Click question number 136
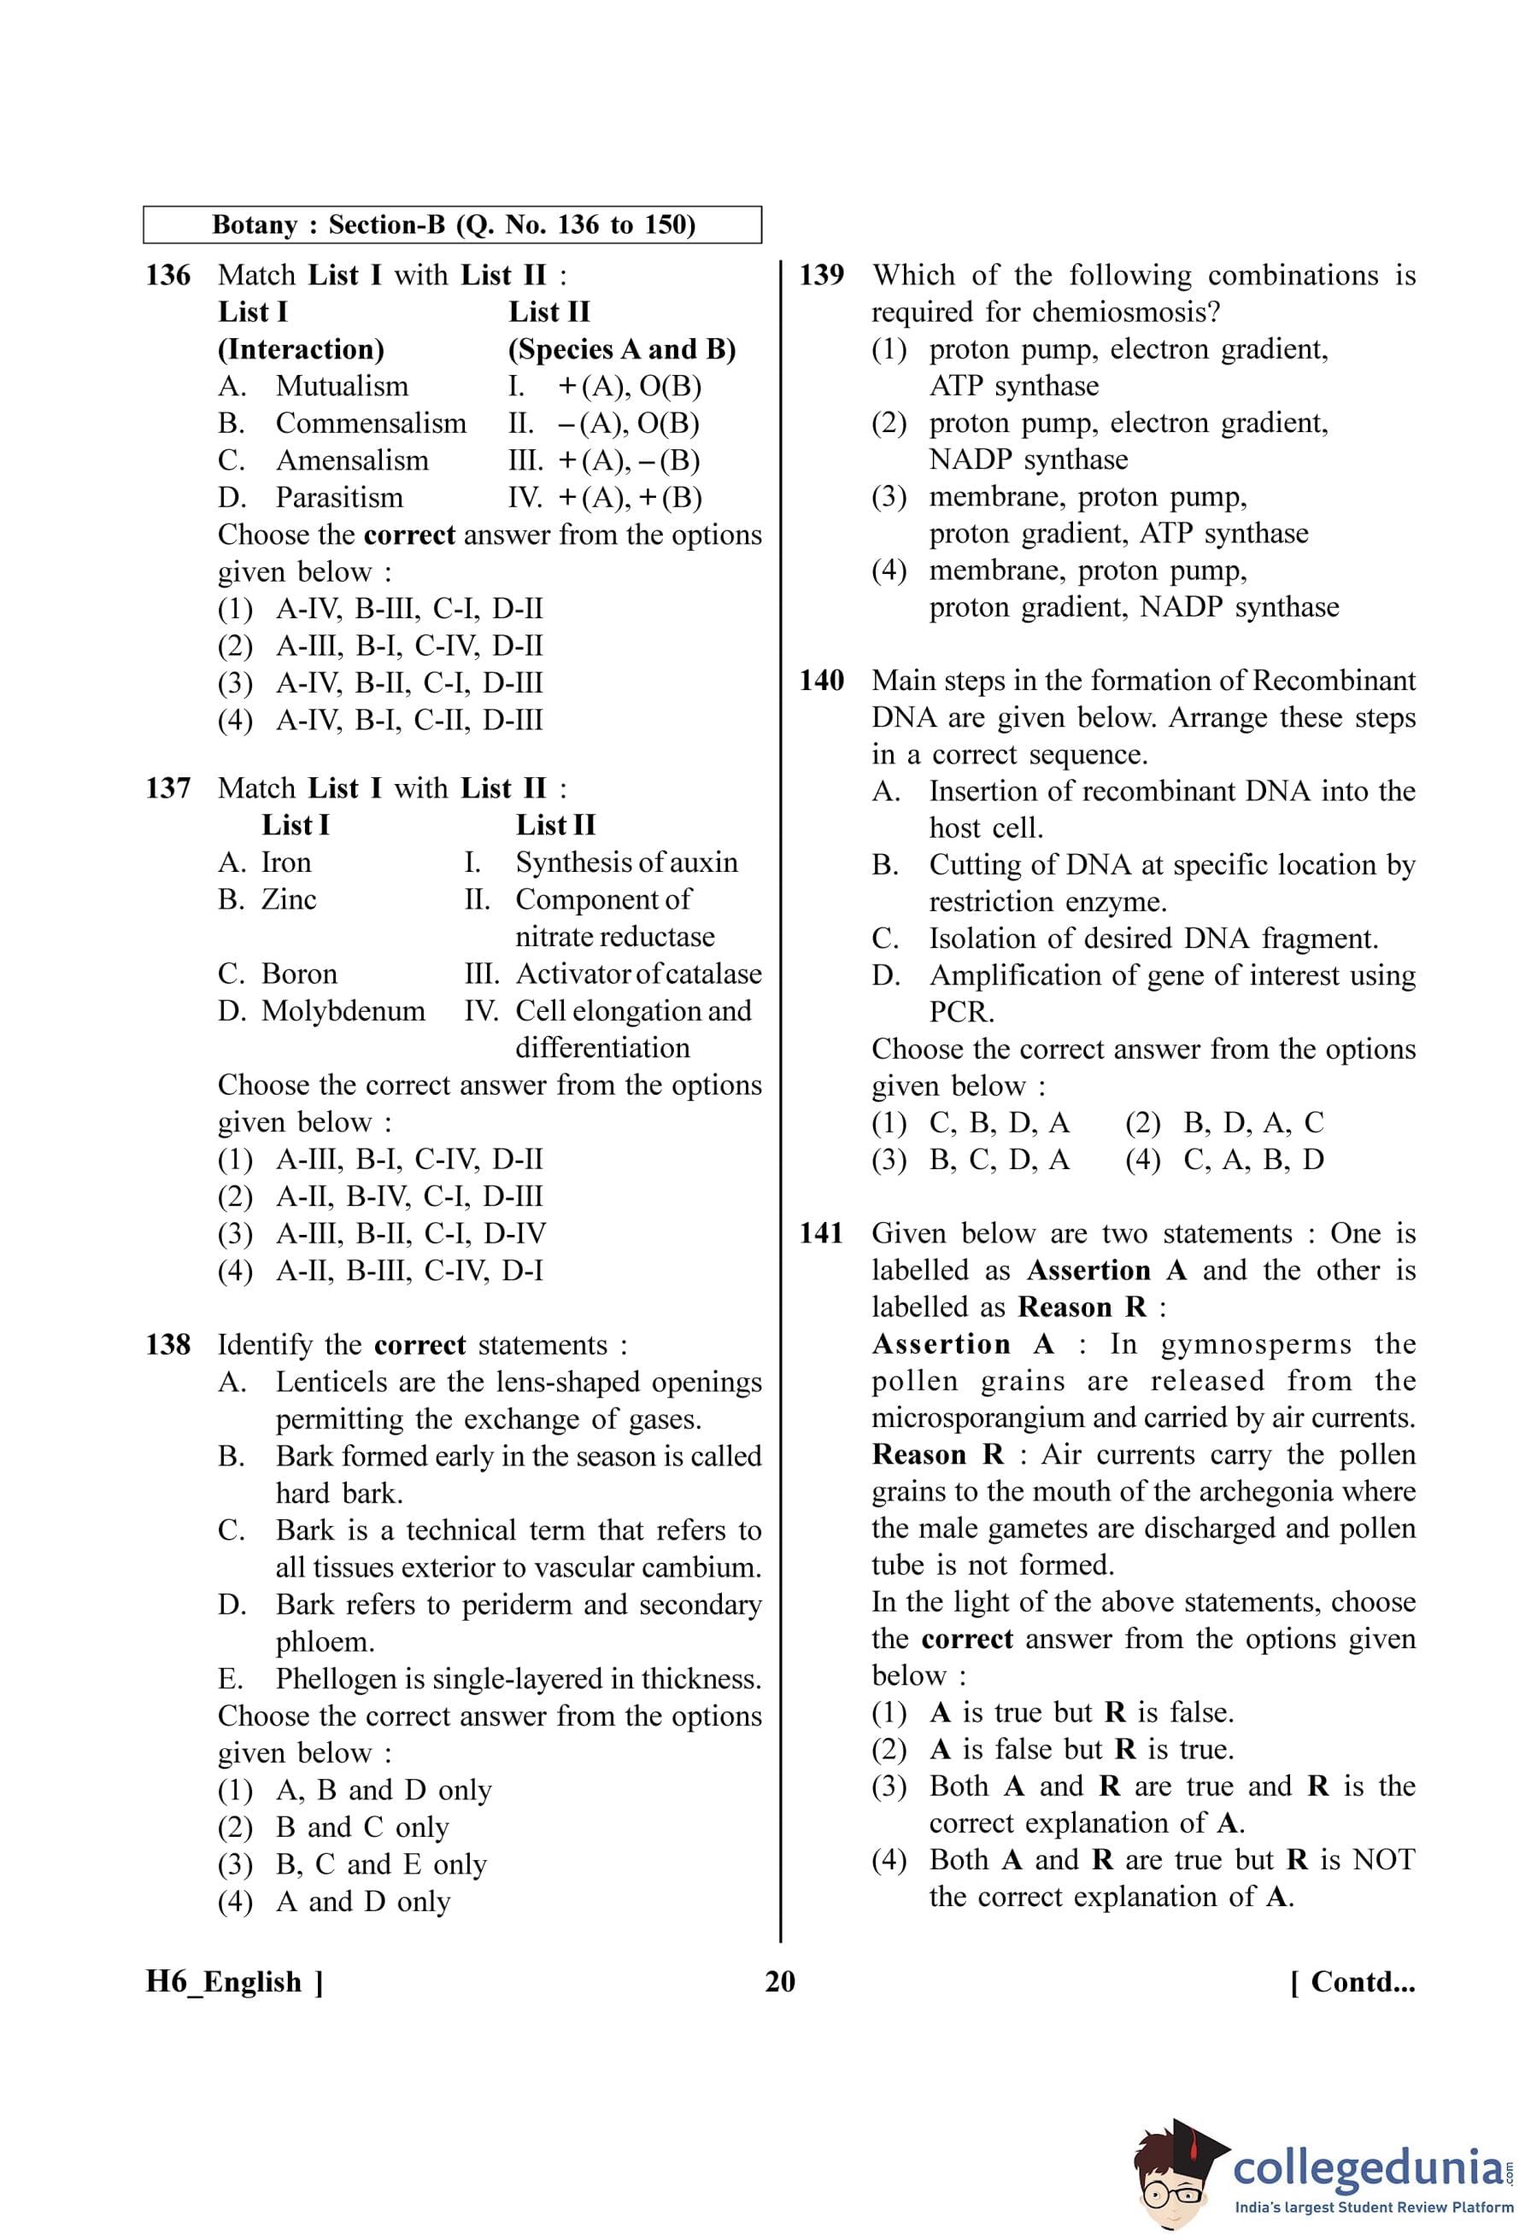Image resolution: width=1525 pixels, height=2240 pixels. tap(167, 276)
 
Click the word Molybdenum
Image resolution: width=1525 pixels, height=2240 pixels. tap(343, 1011)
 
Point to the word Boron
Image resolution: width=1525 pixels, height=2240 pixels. tap(299, 974)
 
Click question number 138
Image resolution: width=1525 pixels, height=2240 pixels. tap(167, 1346)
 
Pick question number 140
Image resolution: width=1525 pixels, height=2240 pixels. tap(821, 681)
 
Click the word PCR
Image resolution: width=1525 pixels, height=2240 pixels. tap(961, 1012)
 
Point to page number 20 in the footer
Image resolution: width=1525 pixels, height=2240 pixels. tap(780, 1982)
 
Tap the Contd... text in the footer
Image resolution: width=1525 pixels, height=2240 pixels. tap(1352, 1982)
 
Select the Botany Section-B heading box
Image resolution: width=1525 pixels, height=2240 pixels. tap(452, 225)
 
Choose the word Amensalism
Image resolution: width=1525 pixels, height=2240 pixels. tap(352, 460)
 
